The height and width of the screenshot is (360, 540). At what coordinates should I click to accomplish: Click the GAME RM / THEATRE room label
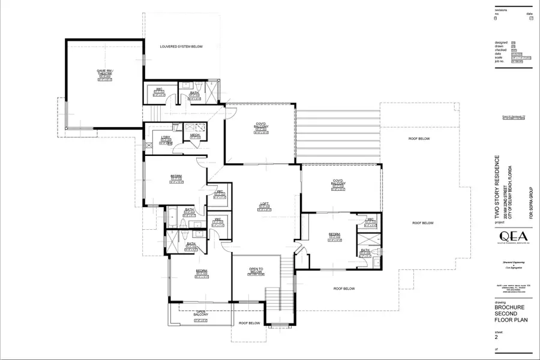tap(105, 73)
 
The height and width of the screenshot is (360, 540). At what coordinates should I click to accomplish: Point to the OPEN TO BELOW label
tap(257, 271)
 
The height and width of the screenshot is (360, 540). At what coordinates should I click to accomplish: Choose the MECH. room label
tap(195, 136)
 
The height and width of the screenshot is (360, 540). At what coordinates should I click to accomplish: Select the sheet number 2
tap(496, 337)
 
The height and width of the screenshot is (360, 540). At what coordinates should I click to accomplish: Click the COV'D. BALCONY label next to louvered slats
tap(260, 127)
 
